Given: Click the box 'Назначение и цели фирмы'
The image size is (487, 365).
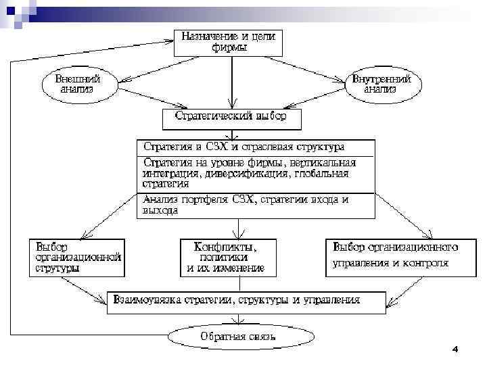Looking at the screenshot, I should tap(228, 41).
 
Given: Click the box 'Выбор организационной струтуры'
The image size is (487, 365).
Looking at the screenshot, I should tap(76, 257).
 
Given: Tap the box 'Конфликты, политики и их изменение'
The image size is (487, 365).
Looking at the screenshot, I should tap(226, 257).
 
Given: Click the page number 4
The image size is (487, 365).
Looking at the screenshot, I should tap(455, 349).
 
